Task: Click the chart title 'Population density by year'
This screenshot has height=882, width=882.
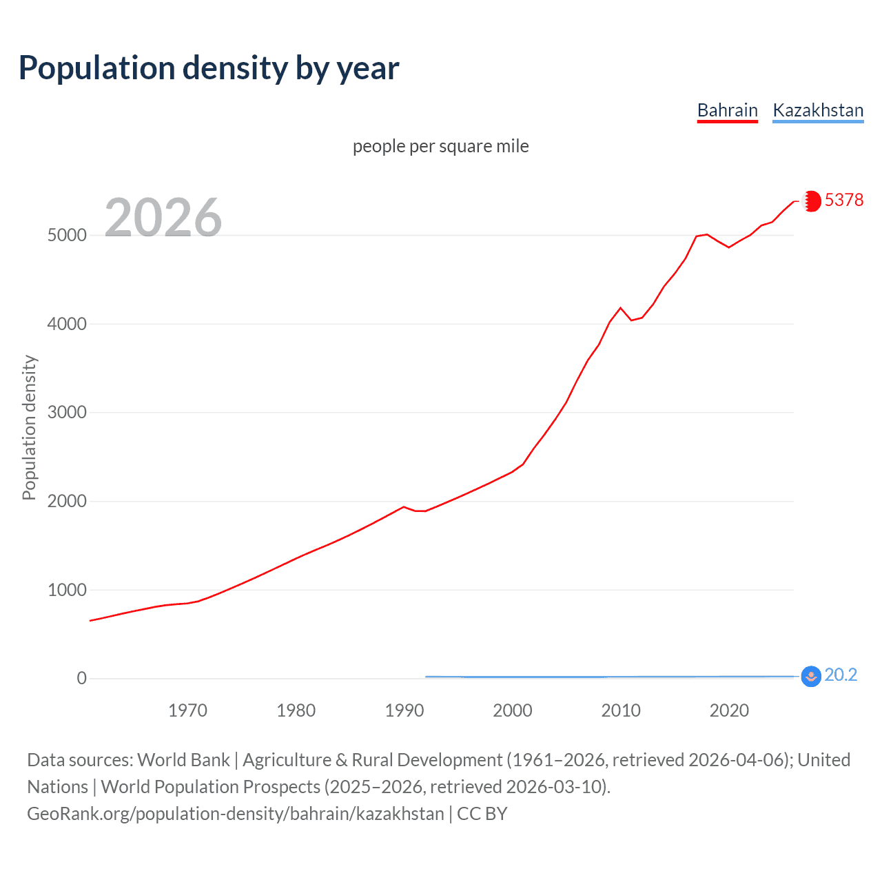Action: click(x=209, y=68)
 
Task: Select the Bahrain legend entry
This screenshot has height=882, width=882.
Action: click(x=727, y=110)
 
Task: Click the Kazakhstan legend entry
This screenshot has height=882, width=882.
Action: click(x=818, y=110)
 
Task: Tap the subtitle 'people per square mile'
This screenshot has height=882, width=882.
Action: click(x=440, y=146)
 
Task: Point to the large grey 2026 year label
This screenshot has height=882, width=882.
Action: click(x=163, y=217)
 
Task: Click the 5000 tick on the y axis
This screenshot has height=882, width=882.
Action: click(x=67, y=235)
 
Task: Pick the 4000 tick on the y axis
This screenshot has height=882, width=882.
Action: click(x=67, y=324)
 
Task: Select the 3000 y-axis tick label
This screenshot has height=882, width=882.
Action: click(x=67, y=413)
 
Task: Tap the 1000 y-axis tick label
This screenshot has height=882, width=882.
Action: click(x=67, y=590)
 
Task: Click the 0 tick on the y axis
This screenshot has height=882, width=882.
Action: click(x=81, y=679)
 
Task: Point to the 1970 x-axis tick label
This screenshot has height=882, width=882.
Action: click(x=187, y=710)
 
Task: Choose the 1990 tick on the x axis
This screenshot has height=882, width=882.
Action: click(x=404, y=710)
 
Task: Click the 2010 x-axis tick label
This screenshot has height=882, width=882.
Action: click(x=621, y=710)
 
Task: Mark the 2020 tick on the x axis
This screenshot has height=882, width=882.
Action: click(x=729, y=710)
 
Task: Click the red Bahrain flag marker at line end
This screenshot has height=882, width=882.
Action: click(x=812, y=201)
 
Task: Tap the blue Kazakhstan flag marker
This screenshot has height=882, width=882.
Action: click(x=811, y=676)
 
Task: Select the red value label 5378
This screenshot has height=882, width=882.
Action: click(x=844, y=200)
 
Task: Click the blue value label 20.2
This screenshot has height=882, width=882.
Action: click(x=841, y=675)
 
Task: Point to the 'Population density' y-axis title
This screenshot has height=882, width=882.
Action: click(x=29, y=427)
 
